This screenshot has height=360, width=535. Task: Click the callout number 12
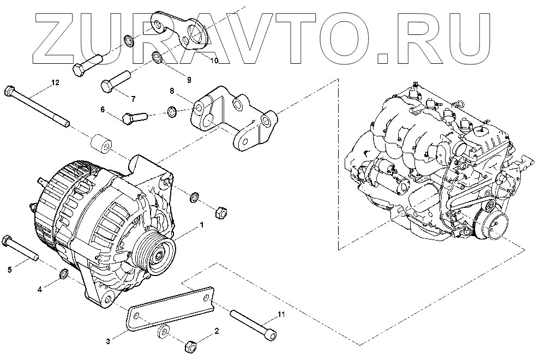pyautogui.click(x=55, y=82)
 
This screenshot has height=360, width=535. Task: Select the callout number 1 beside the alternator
pyautogui.click(x=202, y=224)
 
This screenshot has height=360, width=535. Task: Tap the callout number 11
pyautogui.click(x=281, y=314)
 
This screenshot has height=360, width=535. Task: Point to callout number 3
pyautogui.click(x=108, y=341)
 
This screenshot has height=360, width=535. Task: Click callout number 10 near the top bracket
pyautogui.click(x=214, y=61)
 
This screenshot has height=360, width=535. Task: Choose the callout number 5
pyautogui.click(x=9, y=268)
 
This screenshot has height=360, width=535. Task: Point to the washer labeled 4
pyautogui.click(x=63, y=273)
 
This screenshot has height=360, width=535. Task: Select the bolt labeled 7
pyautogui.click(x=115, y=80)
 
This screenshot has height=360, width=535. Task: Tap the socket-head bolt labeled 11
pyautogui.click(x=253, y=323)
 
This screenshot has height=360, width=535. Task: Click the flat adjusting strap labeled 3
pyautogui.click(x=169, y=307)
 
